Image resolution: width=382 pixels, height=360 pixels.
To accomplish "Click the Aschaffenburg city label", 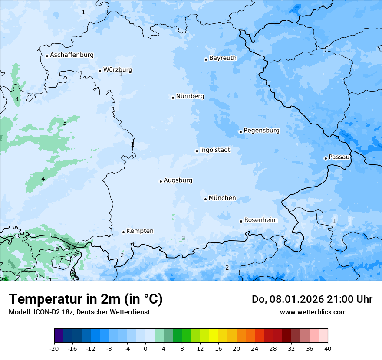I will coord(72,55).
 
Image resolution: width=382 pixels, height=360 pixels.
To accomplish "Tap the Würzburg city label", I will coord(118,70).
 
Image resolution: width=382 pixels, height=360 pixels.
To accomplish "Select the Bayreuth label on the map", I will coord(223,58).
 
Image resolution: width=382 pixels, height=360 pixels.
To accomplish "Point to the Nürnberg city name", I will coord(190,96).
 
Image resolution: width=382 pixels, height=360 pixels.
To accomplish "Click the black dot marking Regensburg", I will coord(240,132).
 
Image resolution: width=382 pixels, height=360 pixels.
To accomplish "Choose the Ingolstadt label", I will coord(215,150).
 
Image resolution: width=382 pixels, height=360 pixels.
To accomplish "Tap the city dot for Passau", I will coord(326,158).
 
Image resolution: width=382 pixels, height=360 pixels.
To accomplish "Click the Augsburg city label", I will coord(178,180).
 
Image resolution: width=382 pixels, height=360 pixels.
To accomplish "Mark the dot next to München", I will coord(206,199).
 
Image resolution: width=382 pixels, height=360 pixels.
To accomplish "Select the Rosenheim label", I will coord(260,220).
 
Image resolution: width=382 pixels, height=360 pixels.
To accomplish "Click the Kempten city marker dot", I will coord(124,232).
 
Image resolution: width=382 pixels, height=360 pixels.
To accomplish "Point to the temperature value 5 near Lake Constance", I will coord(69,248).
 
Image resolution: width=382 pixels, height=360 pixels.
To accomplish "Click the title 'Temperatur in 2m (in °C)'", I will coord(86,299).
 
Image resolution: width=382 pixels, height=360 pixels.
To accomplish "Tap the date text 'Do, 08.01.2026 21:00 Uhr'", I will coord(312,299).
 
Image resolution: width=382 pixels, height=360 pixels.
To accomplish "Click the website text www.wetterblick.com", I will coord(313,312).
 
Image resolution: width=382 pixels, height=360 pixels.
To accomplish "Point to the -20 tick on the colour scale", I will coord(54,348).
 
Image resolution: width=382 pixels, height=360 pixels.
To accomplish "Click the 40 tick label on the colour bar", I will coord(328,348).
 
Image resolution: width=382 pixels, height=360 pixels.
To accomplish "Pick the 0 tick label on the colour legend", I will coord(145,348).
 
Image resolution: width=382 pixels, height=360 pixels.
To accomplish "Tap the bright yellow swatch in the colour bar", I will coord(214,336).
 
